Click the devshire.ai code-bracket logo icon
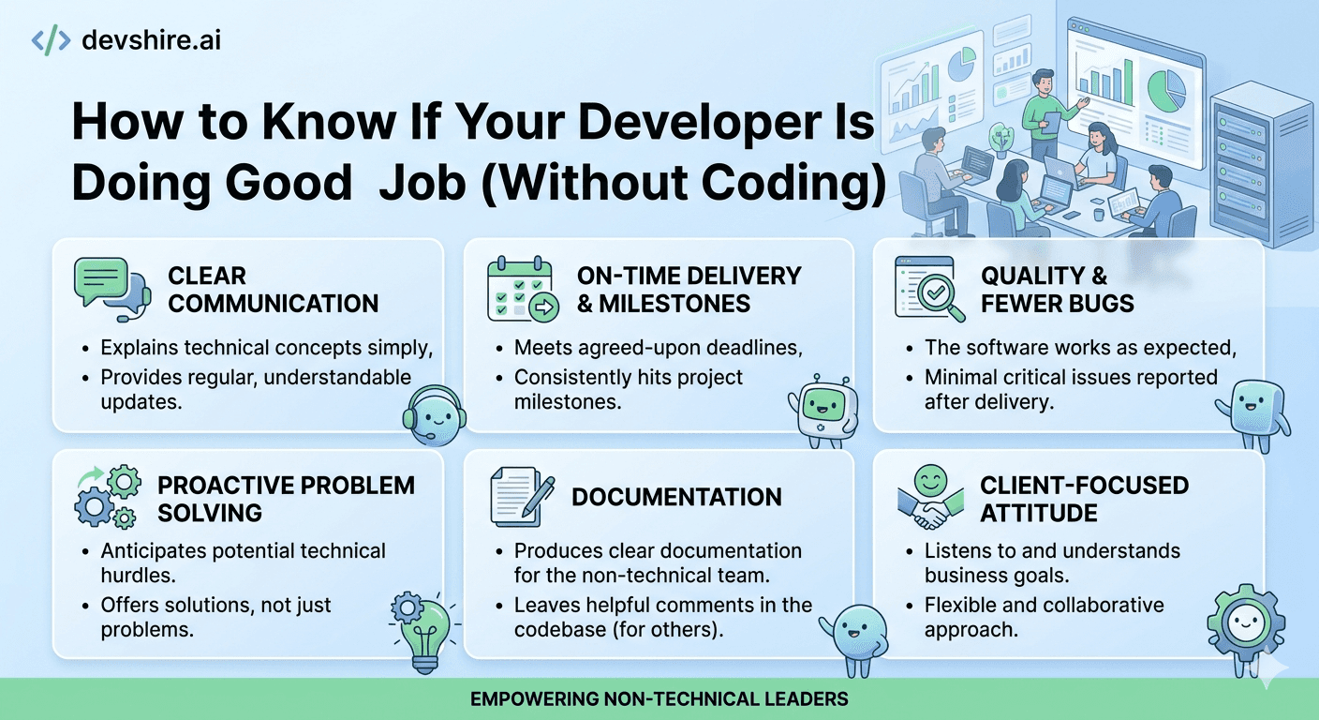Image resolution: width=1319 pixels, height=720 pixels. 51,40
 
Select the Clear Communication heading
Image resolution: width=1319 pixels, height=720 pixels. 273,290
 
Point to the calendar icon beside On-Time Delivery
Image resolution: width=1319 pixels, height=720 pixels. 521,289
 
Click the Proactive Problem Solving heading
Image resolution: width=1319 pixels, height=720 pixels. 286,499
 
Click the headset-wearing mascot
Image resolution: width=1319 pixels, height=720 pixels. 432,417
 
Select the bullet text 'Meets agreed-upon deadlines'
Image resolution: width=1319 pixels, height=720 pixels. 658,348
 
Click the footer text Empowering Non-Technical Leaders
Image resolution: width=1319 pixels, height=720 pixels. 659,699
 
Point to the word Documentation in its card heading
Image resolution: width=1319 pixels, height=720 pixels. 676,497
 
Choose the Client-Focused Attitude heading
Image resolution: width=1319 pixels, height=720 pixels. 1084,499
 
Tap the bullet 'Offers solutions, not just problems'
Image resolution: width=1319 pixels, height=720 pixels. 215,616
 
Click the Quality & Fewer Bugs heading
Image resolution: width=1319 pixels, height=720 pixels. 1057,290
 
